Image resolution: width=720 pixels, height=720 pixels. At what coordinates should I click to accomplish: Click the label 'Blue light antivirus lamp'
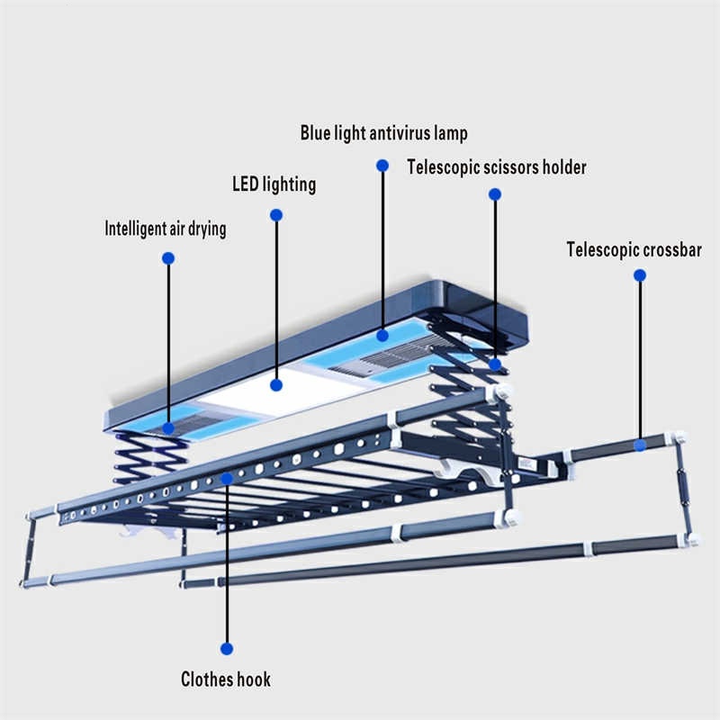pyautogui.click(x=384, y=134)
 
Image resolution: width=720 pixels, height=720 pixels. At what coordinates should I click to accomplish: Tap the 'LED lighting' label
pyautogui.click(x=274, y=184)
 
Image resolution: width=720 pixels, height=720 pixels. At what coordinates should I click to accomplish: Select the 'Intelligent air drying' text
pyautogui.click(x=166, y=229)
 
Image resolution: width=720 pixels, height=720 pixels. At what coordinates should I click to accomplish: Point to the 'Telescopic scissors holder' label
pyautogui.click(x=497, y=167)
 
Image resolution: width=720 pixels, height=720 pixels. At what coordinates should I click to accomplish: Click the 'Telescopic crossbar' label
pyautogui.click(x=634, y=249)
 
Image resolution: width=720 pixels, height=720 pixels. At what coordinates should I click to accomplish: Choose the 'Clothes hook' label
pyautogui.click(x=226, y=679)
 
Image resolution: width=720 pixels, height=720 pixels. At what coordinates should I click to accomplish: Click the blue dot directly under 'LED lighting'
pyautogui.click(x=276, y=215)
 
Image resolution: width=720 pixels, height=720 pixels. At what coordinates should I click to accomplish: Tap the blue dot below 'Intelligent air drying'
pyautogui.click(x=167, y=258)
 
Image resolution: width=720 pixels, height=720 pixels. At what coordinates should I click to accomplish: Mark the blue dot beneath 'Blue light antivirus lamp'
pyautogui.click(x=382, y=166)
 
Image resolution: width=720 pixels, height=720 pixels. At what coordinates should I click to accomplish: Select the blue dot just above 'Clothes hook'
pyautogui.click(x=227, y=648)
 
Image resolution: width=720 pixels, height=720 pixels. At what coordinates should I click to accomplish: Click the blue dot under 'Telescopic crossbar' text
pyautogui.click(x=640, y=275)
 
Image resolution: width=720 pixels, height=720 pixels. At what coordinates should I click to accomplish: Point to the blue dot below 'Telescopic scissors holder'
pyautogui.click(x=494, y=194)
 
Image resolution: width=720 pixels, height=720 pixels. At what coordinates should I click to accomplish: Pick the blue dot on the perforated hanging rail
pyautogui.click(x=227, y=478)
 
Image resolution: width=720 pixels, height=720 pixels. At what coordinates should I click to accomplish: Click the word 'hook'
pyautogui.click(x=252, y=679)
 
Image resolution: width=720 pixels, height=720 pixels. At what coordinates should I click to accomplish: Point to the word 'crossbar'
pyautogui.click(x=667, y=249)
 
